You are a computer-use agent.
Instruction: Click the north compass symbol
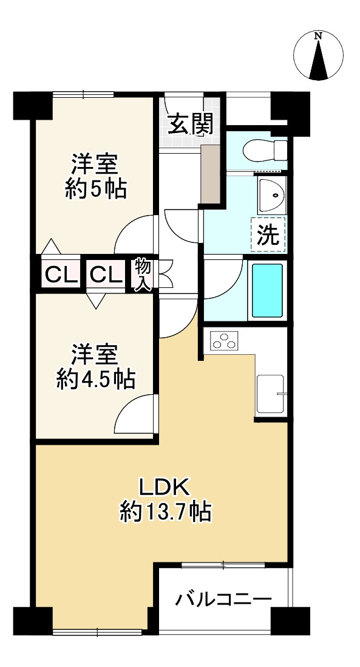(318, 55)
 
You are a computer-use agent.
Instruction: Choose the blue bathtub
(267, 290)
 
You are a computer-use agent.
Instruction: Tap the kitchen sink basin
(271, 394)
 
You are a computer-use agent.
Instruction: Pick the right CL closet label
(107, 276)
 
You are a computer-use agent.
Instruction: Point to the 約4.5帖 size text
(96, 380)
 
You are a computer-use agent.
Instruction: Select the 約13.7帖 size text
(165, 514)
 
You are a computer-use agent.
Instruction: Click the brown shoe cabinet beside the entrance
(212, 173)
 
